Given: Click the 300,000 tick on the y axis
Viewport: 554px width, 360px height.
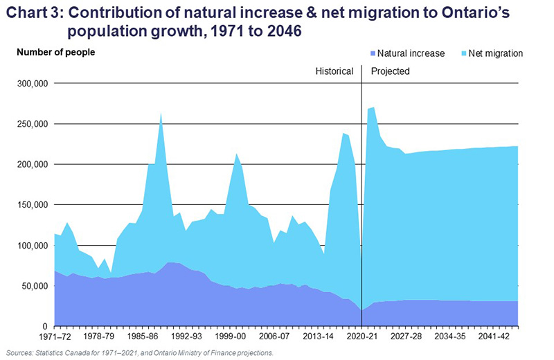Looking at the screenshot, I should click(x=29, y=84).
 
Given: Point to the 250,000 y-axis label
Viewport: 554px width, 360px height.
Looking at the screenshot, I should click(x=29, y=124).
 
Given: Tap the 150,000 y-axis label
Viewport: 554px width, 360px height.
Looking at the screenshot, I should click(x=29, y=205).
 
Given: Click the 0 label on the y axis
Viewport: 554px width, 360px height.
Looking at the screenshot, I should click(x=43, y=326).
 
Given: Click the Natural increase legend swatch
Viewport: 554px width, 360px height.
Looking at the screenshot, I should click(x=371, y=53).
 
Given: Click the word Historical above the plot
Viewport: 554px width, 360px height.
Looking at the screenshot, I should click(x=334, y=71).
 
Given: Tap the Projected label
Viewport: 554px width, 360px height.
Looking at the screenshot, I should click(x=391, y=71).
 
